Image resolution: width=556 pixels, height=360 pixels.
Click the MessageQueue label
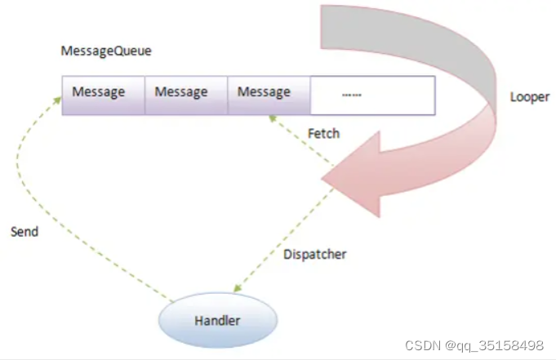pos(106,51)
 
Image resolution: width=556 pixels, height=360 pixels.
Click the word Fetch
pos(324,132)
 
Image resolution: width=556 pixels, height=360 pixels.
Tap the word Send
pos(24,232)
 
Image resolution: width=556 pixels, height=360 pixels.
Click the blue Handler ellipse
pos(216,320)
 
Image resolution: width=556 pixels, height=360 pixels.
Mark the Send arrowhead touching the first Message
pos(59,98)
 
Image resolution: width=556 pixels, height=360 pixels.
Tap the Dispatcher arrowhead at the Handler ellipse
pos(238,289)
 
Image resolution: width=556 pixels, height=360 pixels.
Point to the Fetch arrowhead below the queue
pos(272,119)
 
